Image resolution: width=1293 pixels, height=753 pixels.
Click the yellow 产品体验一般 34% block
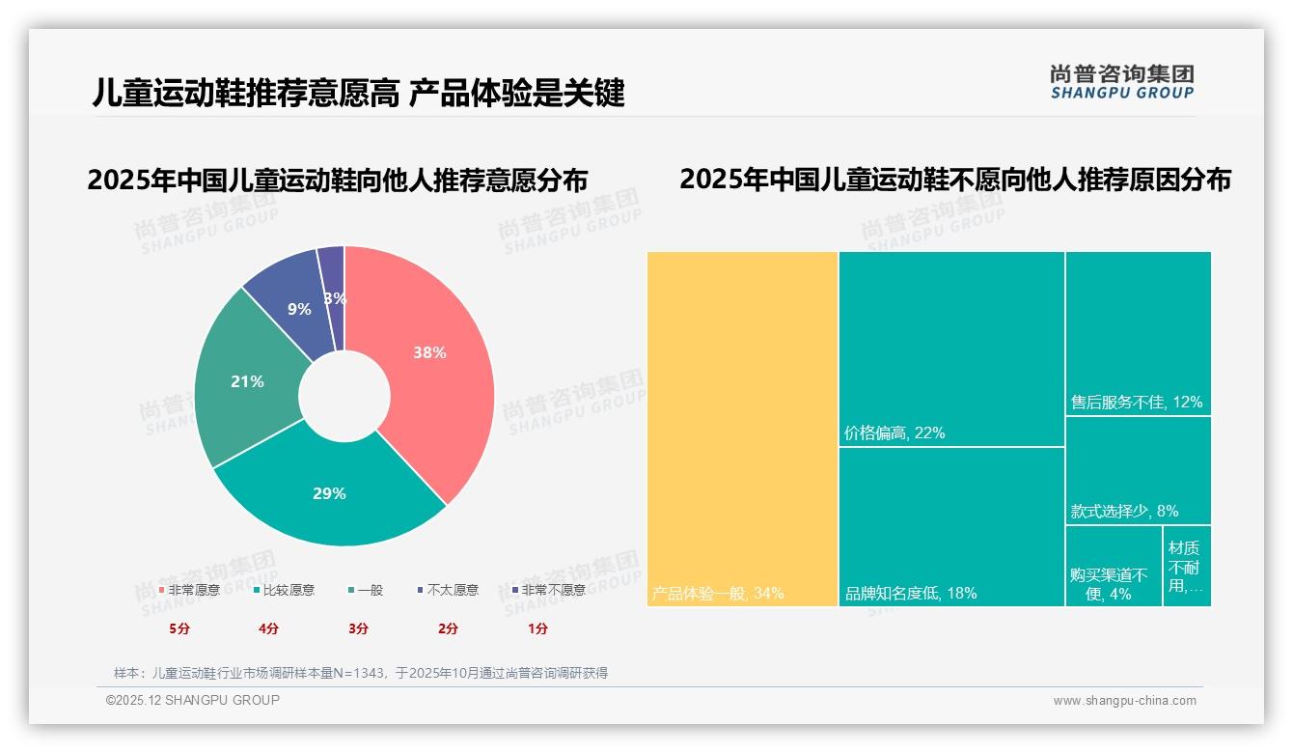tap(742, 425)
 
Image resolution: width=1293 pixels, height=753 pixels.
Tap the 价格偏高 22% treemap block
tap(951, 348)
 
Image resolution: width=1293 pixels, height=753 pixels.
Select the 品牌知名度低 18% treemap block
tap(951, 526)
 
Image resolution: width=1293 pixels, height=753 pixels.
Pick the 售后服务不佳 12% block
tap(1138, 333)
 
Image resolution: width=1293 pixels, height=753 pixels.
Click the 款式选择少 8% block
tap(1138, 470)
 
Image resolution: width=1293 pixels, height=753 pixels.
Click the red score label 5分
tap(179, 628)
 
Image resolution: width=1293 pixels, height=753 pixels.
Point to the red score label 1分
tap(537, 628)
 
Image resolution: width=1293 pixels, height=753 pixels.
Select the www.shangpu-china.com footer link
tap(1124, 701)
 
